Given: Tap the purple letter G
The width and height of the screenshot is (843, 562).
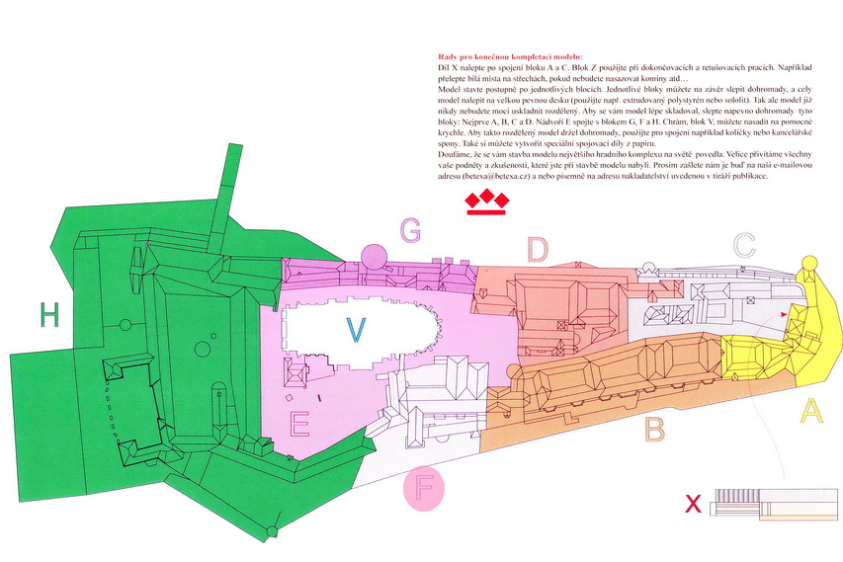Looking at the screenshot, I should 410,231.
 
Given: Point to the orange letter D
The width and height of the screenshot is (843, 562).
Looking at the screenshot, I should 538,250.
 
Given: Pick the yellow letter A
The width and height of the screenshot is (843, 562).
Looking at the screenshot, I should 810,410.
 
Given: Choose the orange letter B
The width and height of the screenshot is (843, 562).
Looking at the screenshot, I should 654,429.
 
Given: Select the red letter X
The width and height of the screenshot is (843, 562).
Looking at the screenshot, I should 694,505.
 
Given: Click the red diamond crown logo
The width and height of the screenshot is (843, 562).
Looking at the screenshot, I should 486,202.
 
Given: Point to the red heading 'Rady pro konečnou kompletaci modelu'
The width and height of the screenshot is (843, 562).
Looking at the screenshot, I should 510,58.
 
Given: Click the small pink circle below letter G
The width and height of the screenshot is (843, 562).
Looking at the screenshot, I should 373,257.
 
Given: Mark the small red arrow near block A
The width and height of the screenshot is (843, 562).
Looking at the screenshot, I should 785,313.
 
